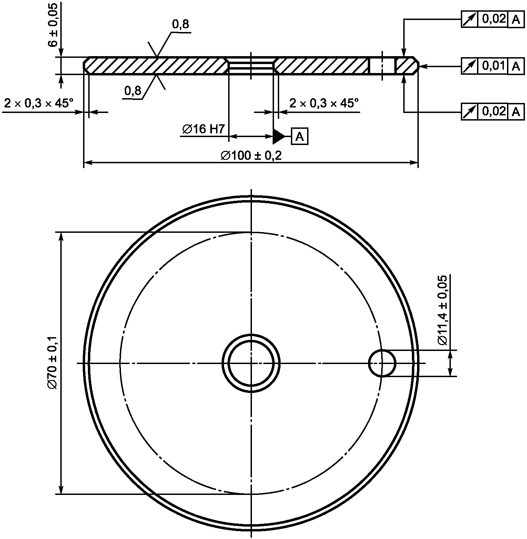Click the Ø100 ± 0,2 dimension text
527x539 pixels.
(x=251, y=156)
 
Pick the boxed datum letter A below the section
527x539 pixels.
(x=300, y=137)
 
